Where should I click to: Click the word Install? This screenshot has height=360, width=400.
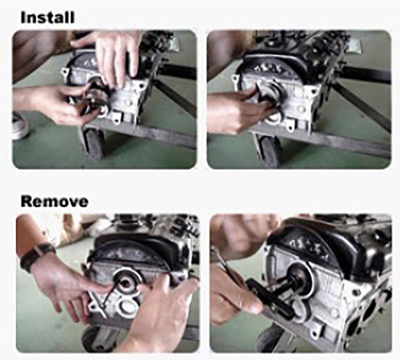(47, 17)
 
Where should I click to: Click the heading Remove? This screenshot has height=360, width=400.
(54, 201)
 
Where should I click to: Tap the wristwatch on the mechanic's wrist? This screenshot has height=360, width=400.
(37, 256)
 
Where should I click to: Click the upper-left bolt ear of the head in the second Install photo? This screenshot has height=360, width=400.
(235, 78)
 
